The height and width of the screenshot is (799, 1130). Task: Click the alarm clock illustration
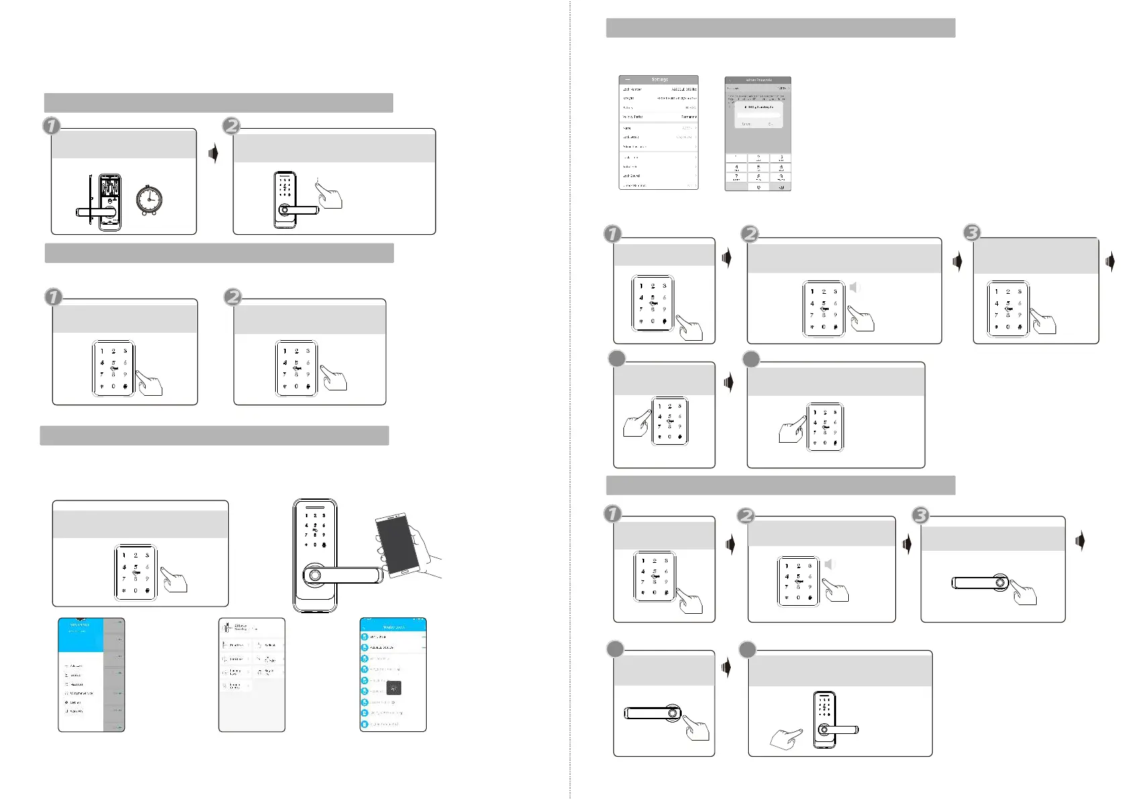tap(149, 200)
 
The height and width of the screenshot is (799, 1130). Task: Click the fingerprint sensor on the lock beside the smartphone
tap(314, 576)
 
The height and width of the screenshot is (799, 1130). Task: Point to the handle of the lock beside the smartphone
tap(349, 576)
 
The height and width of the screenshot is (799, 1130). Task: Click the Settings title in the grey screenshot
tap(660, 80)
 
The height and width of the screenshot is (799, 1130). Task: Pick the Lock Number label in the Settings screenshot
tap(632, 89)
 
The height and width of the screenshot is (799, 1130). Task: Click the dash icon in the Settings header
tap(627, 80)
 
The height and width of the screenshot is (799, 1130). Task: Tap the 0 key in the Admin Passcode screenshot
tap(758, 187)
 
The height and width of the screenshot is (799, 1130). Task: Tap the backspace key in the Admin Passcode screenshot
tap(780, 187)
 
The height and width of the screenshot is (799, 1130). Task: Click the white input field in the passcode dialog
tap(758, 115)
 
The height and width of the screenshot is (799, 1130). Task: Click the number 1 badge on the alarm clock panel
tap(52, 125)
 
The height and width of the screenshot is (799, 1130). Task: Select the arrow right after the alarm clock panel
tap(213, 154)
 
